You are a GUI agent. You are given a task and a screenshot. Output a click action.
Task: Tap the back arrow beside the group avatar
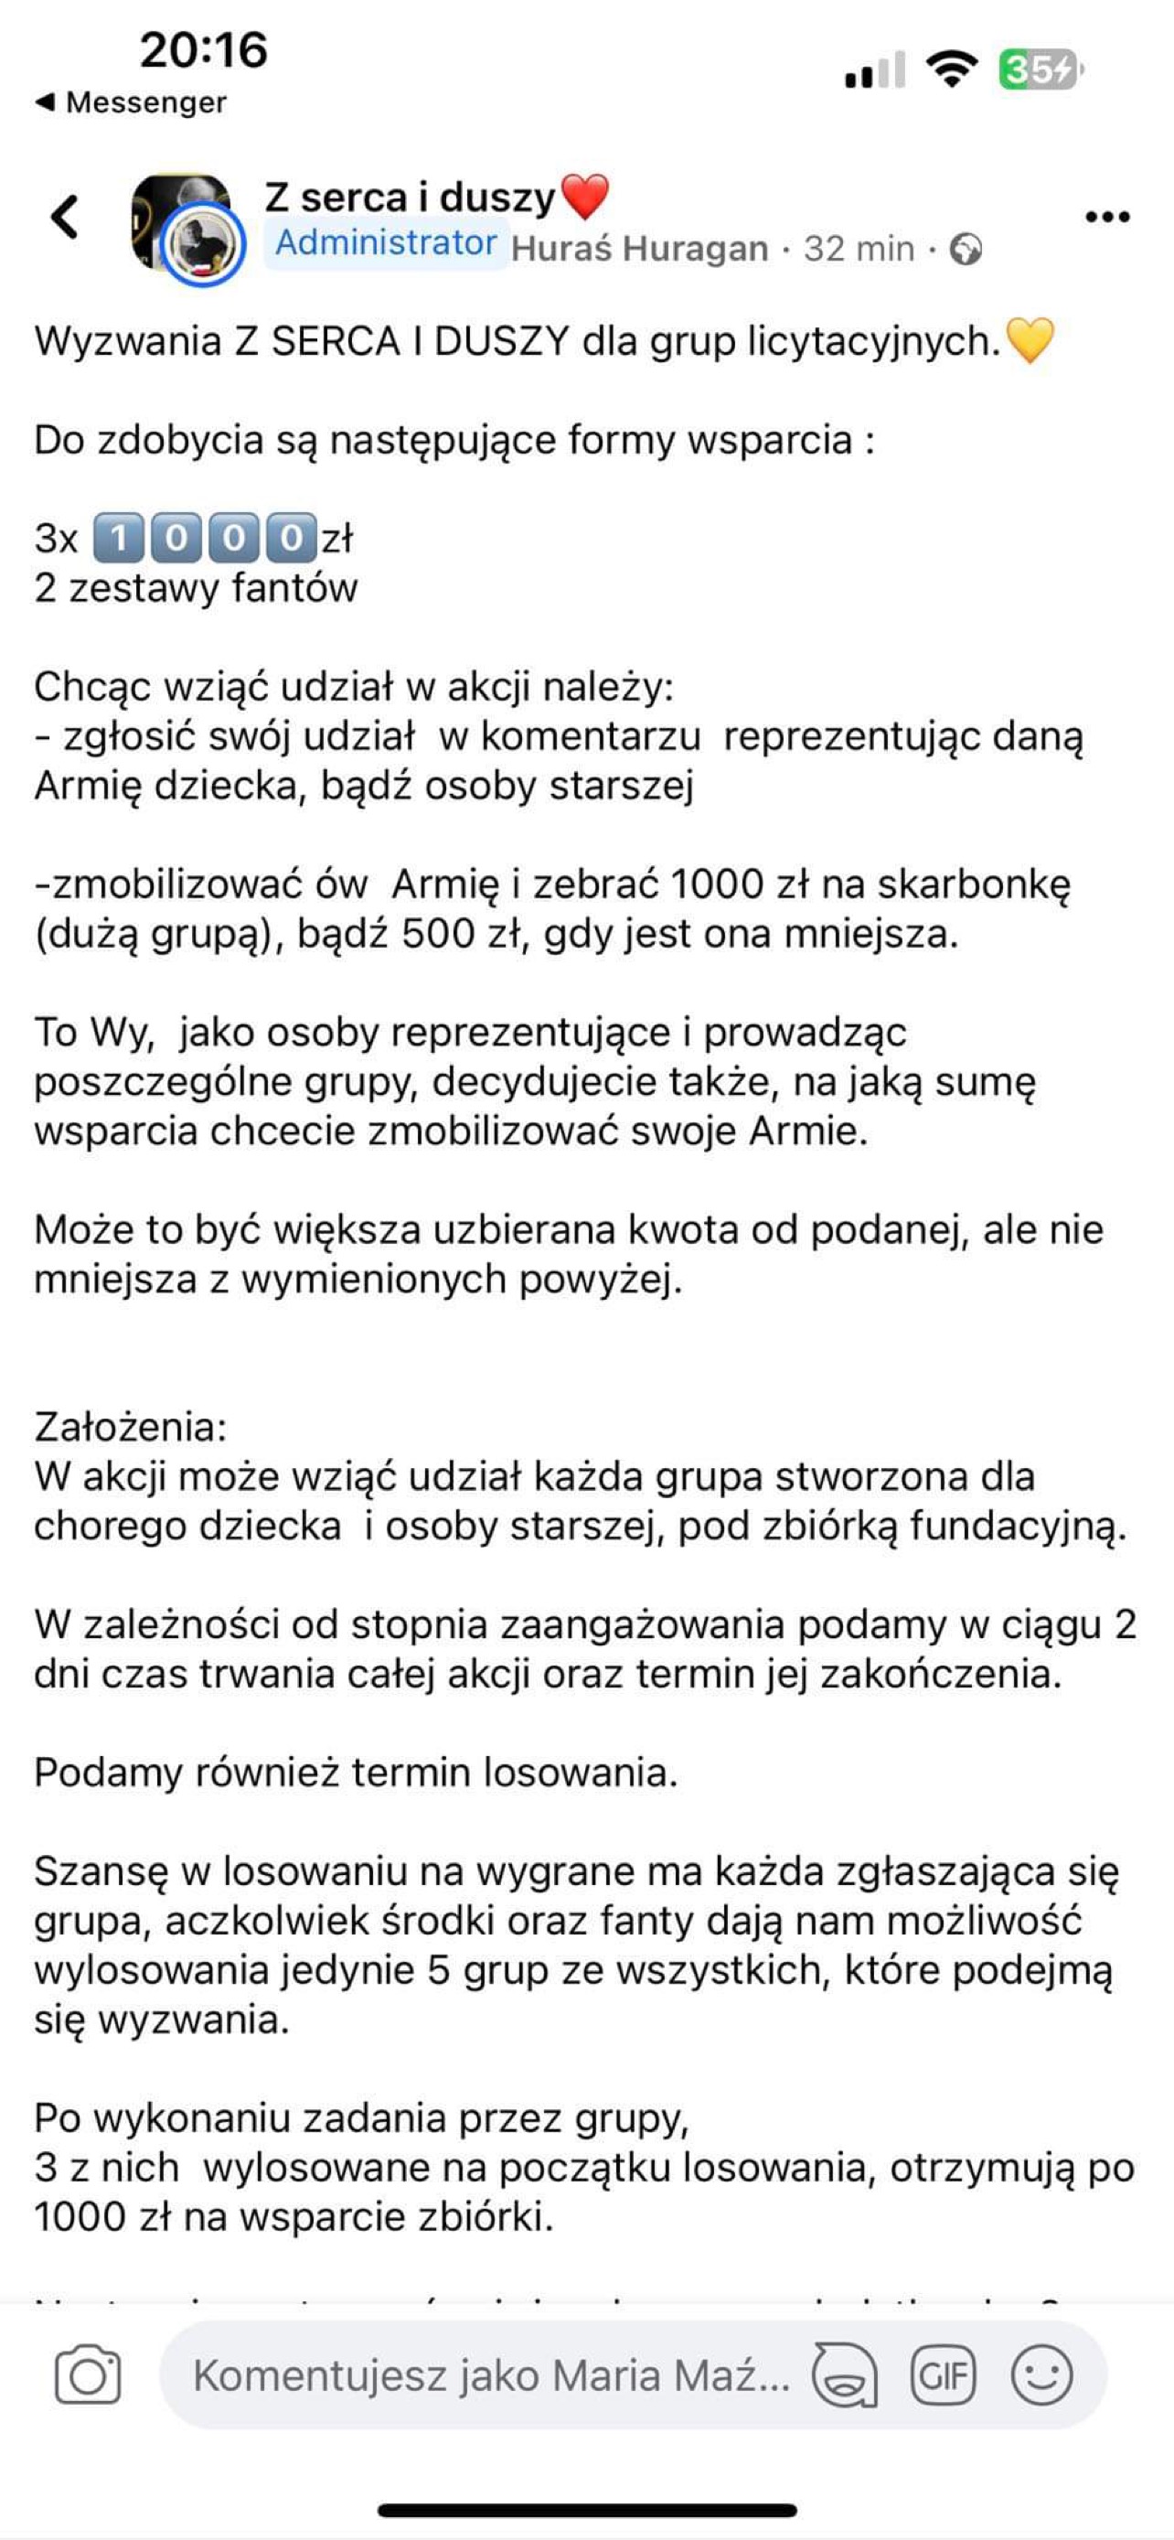click(x=65, y=217)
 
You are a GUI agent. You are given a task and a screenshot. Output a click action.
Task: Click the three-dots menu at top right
click(x=1107, y=217)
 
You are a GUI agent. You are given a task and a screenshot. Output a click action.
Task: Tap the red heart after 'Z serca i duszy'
click(x=584, y=197)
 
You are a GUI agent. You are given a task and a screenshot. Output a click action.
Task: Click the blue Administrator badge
click(x=386, y=242)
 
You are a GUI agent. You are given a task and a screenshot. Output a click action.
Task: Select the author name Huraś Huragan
click(x=640, y=249)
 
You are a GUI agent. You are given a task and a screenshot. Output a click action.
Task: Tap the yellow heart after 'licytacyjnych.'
click(x=1030, y=341)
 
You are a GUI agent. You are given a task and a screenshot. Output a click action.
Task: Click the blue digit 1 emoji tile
click(x=118, y=539)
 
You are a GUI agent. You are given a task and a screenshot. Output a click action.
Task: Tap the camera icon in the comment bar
click(x=88, y=2375)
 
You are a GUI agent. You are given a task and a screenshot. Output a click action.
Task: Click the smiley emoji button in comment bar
click(x=1041, y=2375)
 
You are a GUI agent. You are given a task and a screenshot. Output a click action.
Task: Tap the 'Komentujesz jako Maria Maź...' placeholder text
click(x=491, y=2375)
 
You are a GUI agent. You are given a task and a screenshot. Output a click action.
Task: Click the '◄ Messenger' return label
click(x=131, y=102)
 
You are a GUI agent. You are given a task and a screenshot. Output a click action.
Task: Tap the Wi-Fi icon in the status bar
click(x=951, y=69)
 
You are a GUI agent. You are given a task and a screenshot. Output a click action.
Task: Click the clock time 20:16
click(x=203, y=49)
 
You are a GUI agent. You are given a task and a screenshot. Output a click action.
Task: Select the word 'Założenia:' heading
click(x=131, y=1427)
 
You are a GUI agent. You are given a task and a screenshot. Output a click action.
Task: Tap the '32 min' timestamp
click(x=859, y=249)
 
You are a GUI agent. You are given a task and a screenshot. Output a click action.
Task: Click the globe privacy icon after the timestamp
click(x=966, y=249)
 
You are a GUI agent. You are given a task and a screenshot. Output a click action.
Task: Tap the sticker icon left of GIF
click(x=844, y=2375)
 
